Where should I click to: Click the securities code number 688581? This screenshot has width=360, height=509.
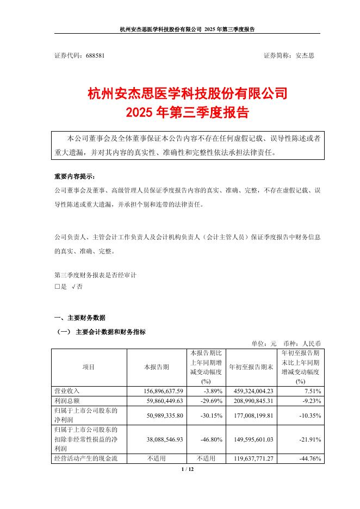click(x=95, y=55)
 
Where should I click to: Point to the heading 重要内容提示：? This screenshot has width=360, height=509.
click(x=74, y=177)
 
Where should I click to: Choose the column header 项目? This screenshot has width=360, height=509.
click(x=89, y=367)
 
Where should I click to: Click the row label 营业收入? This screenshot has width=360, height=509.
click(x=67, y=391)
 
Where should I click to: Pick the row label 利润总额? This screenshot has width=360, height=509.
click(x=67, y=401)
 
